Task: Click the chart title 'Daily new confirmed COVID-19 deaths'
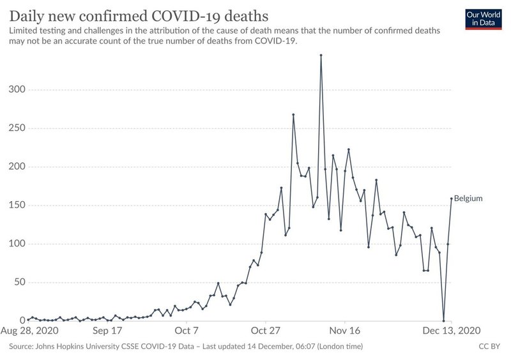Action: tap(139, 16)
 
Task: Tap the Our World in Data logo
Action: tap(484, 19)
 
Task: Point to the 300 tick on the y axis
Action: tap(17, 89)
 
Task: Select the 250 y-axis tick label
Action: tap(17, 128)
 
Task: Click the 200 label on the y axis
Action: tap(17, 167)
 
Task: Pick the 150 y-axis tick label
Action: tap(17, 205)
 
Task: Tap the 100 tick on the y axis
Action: tap(17, 243)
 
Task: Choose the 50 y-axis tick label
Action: tap(20, 282)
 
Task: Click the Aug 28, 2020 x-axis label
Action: tap(29, 331)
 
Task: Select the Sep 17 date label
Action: tap(107, 331)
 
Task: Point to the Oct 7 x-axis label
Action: tap(187, 331)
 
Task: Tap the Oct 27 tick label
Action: tap(265, 331)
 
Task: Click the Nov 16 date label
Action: tap(345, 331)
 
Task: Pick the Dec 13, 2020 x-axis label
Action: tap(452, 331)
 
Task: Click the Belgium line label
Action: tap(468, 199)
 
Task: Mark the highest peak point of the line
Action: tap(321, 55)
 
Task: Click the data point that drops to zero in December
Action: tap(443, 320)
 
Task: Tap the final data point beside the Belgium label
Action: tap(452, 199)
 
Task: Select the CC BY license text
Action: tap(489, 347)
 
